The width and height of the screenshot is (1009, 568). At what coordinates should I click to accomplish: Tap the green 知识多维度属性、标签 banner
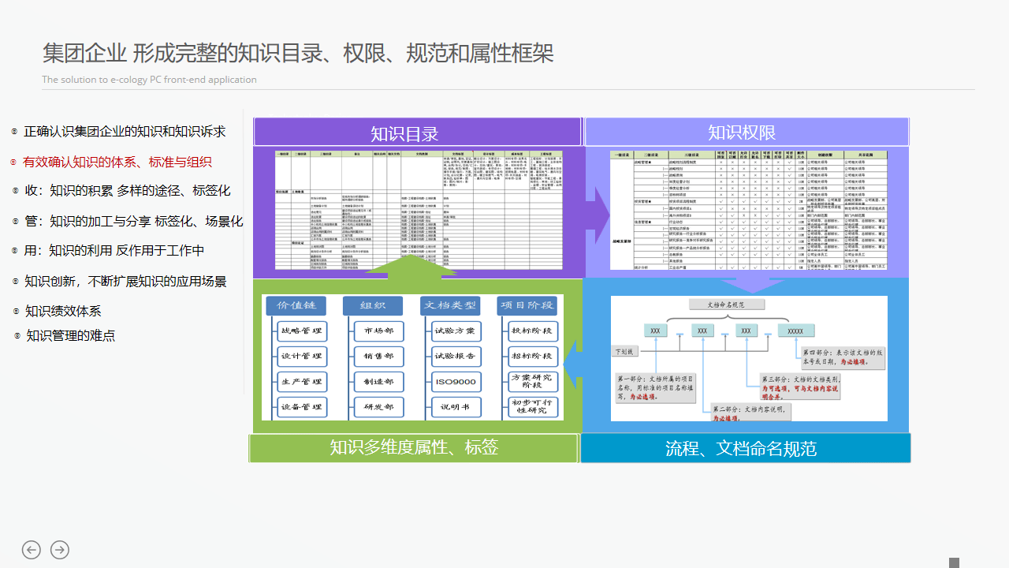coord(414,447)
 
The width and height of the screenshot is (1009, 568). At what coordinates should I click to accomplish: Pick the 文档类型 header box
coord(450,305)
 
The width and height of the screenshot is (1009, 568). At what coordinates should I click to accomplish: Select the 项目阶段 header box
coord(527,305)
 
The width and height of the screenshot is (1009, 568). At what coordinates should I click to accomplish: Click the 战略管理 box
coord(300,331)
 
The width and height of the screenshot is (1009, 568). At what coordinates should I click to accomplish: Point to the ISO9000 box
coord(455,382)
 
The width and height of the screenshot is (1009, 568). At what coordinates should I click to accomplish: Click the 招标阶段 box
coord(531,357)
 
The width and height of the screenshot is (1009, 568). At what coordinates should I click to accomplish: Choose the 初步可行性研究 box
coord(531,407)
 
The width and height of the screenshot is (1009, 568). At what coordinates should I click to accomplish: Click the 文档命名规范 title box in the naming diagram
coord(726,304)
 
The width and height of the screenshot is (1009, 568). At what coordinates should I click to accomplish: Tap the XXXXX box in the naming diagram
coord(795,331)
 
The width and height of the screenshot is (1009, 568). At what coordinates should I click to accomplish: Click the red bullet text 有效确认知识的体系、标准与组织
coord(117,162)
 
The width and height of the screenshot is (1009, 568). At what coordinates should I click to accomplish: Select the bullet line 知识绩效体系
coord(63,311)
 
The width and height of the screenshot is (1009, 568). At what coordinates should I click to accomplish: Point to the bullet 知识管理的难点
coord(70,335)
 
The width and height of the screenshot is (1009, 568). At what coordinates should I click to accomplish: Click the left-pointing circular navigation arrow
coord(32,550)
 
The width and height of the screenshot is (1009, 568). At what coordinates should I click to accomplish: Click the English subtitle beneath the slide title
coord(149,80)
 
